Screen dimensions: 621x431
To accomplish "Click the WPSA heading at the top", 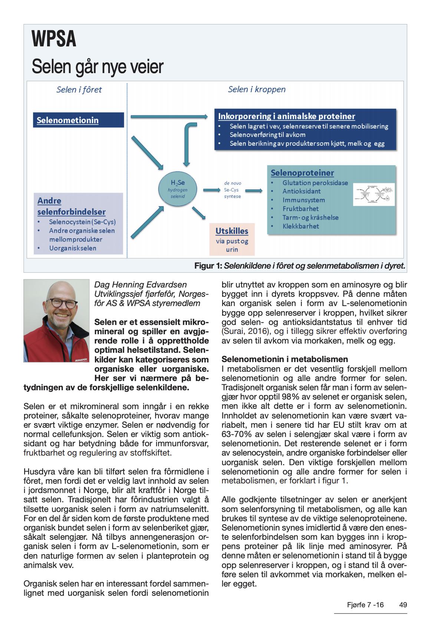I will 54,40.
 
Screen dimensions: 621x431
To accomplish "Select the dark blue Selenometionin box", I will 78,120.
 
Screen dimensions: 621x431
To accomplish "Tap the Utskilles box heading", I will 232,231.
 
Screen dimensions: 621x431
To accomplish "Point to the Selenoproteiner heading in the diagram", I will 302,173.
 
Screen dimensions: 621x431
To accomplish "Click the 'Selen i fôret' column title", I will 79,90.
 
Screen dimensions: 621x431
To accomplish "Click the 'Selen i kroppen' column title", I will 257,89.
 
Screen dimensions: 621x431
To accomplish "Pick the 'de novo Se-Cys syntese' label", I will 232,190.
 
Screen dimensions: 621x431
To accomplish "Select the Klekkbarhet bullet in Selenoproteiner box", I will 300,226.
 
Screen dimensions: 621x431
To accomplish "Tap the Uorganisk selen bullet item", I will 72,248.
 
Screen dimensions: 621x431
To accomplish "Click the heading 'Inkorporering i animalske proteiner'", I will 286,116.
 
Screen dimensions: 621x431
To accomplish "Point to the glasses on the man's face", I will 59,302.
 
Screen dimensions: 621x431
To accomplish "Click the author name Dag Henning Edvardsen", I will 141,285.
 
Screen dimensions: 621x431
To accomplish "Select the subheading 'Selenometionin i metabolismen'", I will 284,359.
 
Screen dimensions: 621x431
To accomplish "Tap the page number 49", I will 403,605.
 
